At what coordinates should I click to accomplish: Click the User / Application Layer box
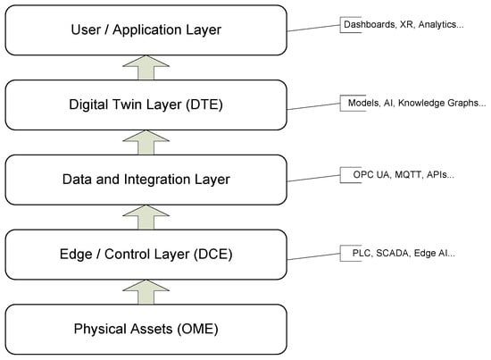tap(146, 30)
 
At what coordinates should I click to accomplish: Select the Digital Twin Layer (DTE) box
tap(146, 105)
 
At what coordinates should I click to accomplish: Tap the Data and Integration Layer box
tap(146, 180)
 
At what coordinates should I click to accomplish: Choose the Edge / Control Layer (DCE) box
tap(146, 254)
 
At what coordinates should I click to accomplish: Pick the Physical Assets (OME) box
tap(146, 329)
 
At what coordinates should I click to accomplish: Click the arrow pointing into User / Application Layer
tap(146, 67)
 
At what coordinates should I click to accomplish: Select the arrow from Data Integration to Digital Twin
tap(146, 142)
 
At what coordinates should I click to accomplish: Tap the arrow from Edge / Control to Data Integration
tap(146, 217)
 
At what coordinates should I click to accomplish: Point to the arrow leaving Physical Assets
tap(146, 292)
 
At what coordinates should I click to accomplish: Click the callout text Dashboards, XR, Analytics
tap(404, 24)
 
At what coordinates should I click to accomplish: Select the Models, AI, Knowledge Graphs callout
tap(417, 103)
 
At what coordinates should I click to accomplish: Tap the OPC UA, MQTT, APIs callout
tap(404, 174)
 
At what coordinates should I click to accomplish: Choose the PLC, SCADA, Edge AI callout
tap(404, 253)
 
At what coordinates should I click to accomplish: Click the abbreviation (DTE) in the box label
tap(204, 105)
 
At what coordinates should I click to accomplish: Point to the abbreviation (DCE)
tap(213, 254)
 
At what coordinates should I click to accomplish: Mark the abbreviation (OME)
tap(197, 329)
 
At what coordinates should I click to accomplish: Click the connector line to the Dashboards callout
tap(313, 28)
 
